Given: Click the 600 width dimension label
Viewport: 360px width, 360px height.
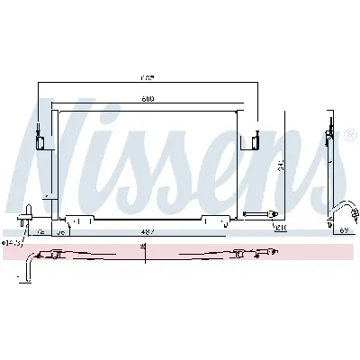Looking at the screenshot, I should coord(146,99).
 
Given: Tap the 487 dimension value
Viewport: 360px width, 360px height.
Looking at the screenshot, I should coord(146,231).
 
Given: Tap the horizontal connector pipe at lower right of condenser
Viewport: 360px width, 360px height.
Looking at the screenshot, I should coord(261,214).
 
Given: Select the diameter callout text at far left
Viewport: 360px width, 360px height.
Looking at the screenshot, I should coord(13,241).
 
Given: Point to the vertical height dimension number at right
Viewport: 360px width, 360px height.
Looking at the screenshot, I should coord(282,165).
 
